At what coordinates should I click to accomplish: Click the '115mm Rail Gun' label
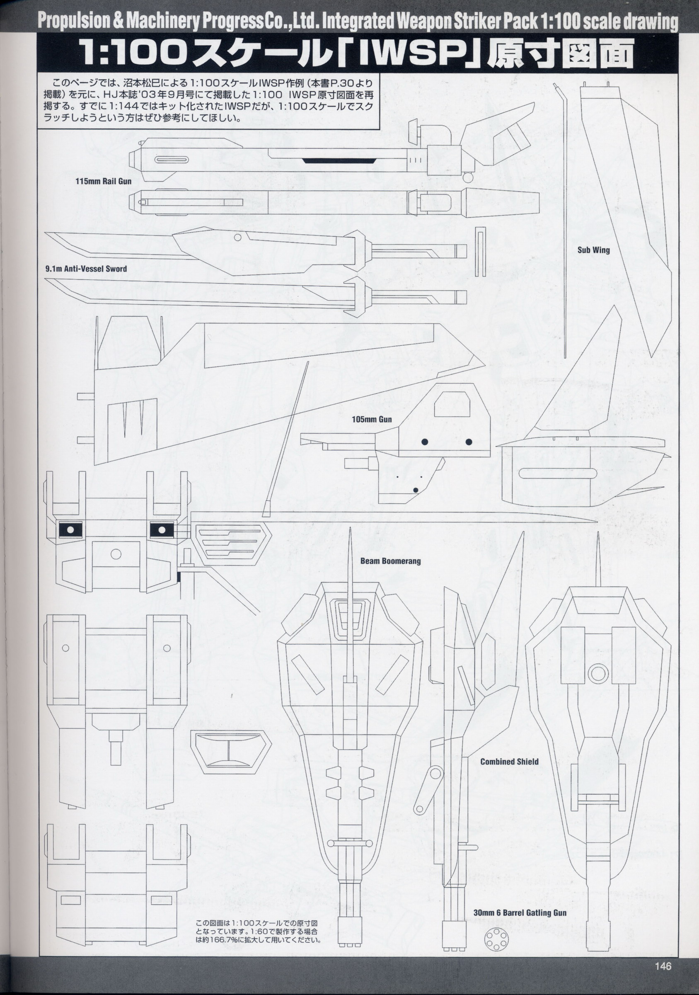[x=103, y=182]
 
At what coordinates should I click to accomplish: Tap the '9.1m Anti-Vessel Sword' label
[x=86, y=269]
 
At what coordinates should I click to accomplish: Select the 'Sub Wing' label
[x=593, y=250]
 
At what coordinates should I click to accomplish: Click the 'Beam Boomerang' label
[x=390, y=561]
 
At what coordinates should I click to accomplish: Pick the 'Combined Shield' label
[x=509, y=762]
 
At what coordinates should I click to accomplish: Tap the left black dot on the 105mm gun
[x=425, y=442]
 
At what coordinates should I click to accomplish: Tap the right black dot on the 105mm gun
[x=469, y=442]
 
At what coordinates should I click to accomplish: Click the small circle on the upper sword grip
[x=237, y=238]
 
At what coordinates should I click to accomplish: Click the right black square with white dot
[x=162, y=529]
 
